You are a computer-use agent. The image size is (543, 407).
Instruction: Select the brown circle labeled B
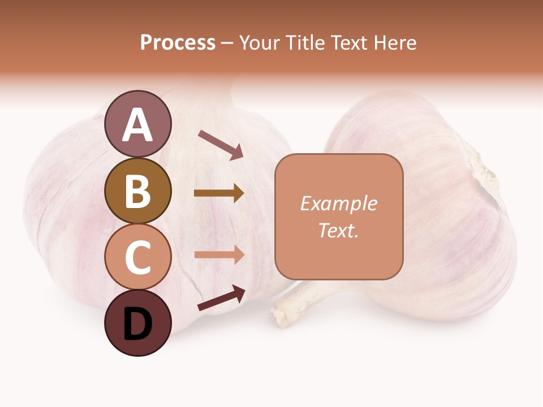tap(137, 190)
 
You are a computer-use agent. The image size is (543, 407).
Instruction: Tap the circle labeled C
tap(137, 257)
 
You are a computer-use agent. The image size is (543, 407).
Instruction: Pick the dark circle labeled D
tap(137, 323)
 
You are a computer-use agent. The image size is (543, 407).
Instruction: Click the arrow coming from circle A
tap(221, 145)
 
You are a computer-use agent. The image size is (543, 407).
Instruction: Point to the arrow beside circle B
tap(219, 193)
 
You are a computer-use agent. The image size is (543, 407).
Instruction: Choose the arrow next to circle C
tap(219, 254)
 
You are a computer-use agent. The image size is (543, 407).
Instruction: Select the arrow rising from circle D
tap(221, 298)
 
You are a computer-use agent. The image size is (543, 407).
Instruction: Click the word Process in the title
tap(178, 42)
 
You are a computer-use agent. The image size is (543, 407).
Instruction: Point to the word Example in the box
tap(339, 203)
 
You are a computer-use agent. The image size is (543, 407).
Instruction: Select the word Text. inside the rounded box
tap(339, 230)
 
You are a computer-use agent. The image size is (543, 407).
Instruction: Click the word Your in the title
tap(257, 42)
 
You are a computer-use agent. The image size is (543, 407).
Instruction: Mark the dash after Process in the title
tap(227, 44)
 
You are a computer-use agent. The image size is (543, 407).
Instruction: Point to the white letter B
tap(137, 190)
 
